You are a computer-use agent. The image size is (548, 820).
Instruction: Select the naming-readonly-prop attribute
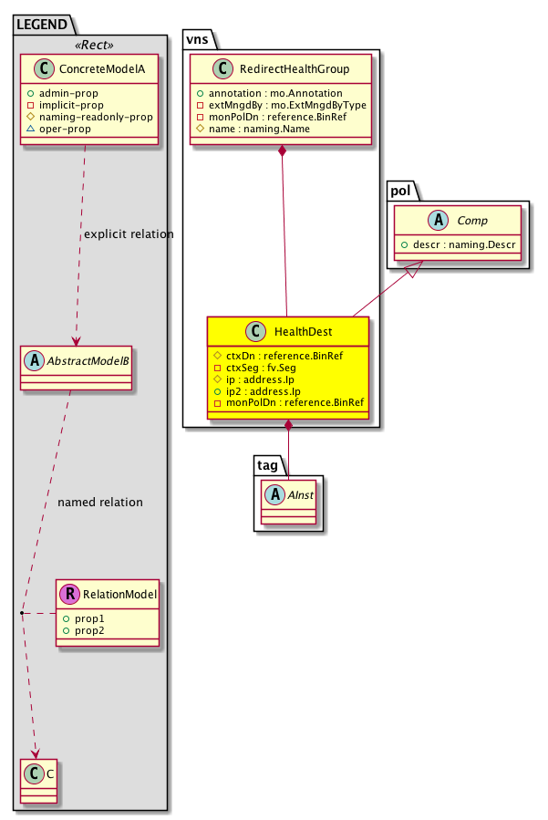point(88,118)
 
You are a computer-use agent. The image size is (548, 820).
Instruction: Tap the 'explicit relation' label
point(128,234)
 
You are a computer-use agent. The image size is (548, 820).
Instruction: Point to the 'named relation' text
point(99,502)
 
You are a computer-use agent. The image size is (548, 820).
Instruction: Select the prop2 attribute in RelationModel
point(89,630)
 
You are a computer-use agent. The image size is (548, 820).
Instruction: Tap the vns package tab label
point(199,39)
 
